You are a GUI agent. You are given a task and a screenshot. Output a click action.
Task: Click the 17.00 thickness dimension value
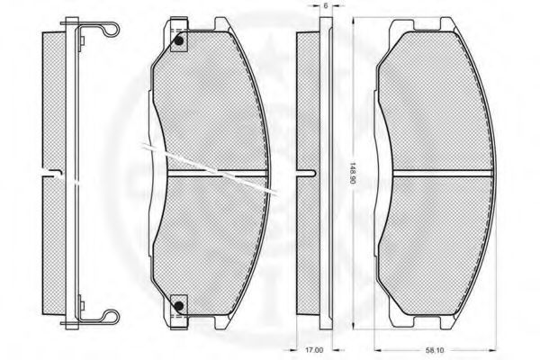coord(314,350)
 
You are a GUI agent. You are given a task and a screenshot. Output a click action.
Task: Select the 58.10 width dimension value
coord(435,350)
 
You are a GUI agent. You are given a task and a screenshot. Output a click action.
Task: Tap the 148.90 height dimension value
coord(353,173)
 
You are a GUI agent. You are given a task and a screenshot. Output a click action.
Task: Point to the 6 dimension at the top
coord(326,6)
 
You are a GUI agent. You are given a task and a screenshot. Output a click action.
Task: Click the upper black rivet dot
coord(179,41)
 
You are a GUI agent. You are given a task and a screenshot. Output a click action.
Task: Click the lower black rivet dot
coord(179,305)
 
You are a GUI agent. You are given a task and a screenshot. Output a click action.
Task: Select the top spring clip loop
coord(112,29)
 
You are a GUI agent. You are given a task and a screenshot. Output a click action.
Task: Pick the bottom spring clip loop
coord(112,317)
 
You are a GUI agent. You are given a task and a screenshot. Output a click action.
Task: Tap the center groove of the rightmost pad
coord(443,174)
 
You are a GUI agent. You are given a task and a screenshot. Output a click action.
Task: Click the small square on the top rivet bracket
coord(179,41)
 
